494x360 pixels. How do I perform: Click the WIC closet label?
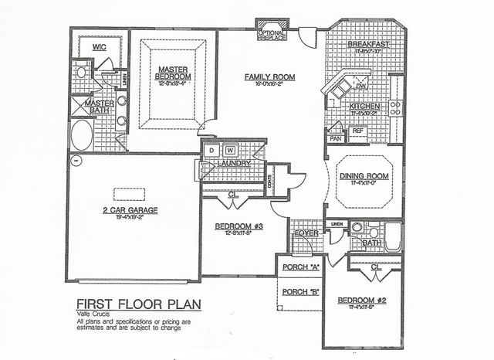click(x=100, y=46)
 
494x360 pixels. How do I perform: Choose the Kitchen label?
click(x=364, y=107)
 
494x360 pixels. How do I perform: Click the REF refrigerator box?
click(x=357, y=131)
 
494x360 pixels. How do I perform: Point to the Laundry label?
click(x=234, y=164)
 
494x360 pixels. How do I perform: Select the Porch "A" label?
click(x=301, y=267)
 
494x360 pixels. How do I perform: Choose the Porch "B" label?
click(x=301, y=291)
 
